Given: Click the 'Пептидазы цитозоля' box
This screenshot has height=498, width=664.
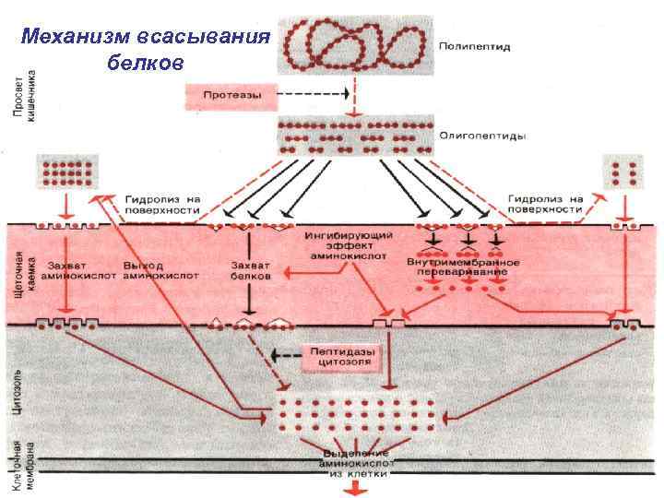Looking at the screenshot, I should pyautogui.click(x=338, y=355).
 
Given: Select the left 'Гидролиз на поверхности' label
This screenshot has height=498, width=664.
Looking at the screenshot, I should pyautogui.click(x=163, y=204).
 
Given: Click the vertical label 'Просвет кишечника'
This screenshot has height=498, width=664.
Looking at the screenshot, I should pyautogui.click(x=23, y=89).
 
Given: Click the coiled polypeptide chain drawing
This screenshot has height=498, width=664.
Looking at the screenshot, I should pyautogui.click(x=355, y=41).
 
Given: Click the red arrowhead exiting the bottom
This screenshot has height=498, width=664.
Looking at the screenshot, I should pyautogui.click(x=351, y=490).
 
